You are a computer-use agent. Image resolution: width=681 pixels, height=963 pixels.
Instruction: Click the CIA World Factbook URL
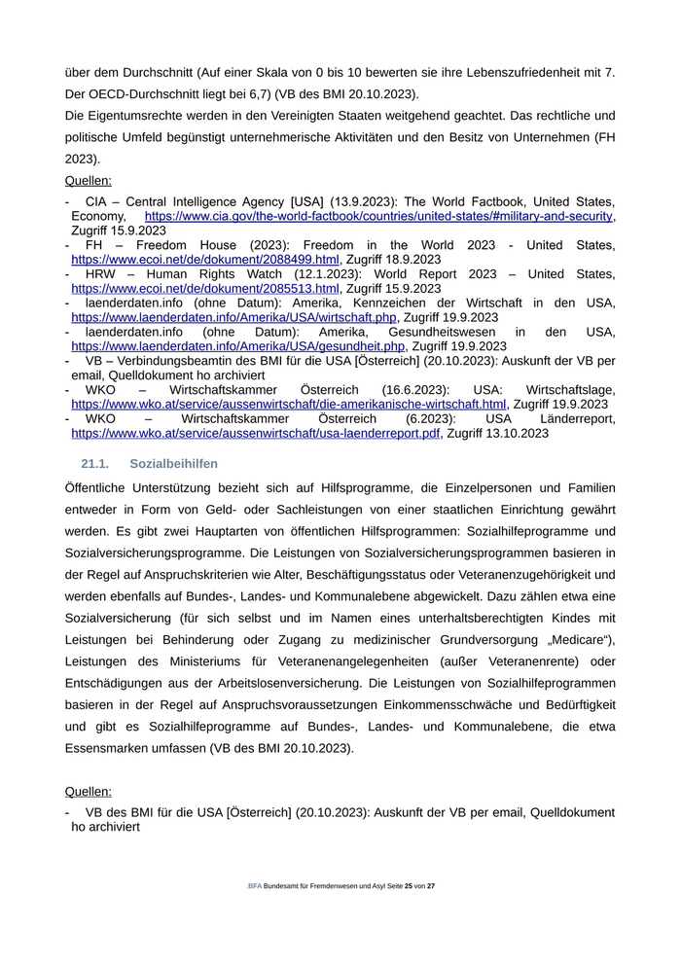[379, 216]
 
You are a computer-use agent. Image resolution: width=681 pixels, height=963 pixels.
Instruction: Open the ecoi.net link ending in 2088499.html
[204, 260]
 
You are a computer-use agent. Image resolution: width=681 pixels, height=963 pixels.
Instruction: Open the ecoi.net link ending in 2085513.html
[204, 289]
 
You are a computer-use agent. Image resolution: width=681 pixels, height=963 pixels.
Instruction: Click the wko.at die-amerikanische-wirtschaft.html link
[288, 404]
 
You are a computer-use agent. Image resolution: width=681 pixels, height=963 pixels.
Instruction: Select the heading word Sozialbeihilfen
[173, 463]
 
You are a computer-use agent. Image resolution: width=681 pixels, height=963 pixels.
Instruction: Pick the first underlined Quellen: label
[88, 180]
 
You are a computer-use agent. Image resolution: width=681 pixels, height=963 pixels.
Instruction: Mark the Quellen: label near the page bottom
[88, 793]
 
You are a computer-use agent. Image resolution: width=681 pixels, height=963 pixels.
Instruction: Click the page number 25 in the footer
[409, 887]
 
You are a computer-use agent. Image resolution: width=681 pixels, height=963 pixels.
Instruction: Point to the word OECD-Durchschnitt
[150, 94]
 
